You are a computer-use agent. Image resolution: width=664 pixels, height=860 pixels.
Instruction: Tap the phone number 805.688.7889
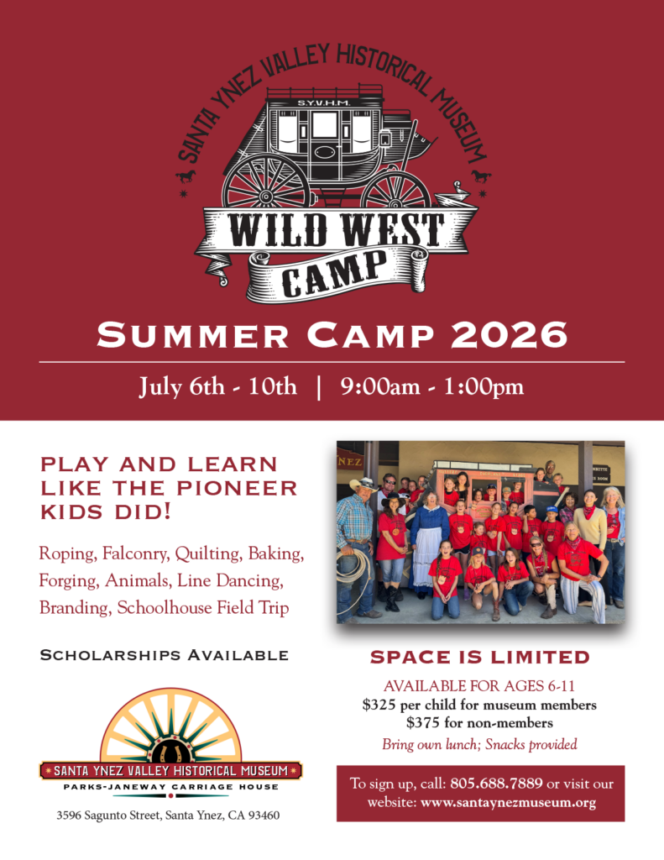pos(496,783)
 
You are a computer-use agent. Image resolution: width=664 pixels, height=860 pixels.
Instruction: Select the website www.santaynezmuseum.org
pos(508,802)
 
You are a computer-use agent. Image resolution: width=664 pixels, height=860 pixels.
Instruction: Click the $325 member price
pos(379,705)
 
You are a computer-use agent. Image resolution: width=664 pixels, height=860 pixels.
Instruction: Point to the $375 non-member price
pos(423,722)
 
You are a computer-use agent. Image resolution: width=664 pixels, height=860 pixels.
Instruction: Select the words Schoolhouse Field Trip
pos(203,608)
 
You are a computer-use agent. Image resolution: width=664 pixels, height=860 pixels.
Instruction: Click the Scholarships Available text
pos(165,655)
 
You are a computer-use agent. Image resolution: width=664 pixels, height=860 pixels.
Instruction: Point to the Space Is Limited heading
pos(480,657)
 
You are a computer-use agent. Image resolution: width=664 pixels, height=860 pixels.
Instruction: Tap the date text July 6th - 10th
pos(217,386)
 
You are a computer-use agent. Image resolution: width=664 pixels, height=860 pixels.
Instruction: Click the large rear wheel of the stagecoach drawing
pos(266,182)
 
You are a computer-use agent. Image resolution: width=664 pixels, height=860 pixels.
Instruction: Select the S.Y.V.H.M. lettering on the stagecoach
pos(324,102)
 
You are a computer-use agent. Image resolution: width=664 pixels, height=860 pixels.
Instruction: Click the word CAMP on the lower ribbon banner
pos(334,273)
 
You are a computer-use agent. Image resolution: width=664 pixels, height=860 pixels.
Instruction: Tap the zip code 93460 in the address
pos(264,815)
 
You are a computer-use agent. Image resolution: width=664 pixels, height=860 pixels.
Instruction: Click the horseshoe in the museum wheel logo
pos(170,751)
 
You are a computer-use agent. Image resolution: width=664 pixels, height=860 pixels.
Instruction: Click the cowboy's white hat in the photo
pos(363,485)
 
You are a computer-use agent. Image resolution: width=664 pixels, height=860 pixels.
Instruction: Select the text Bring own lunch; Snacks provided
pos(480,744)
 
